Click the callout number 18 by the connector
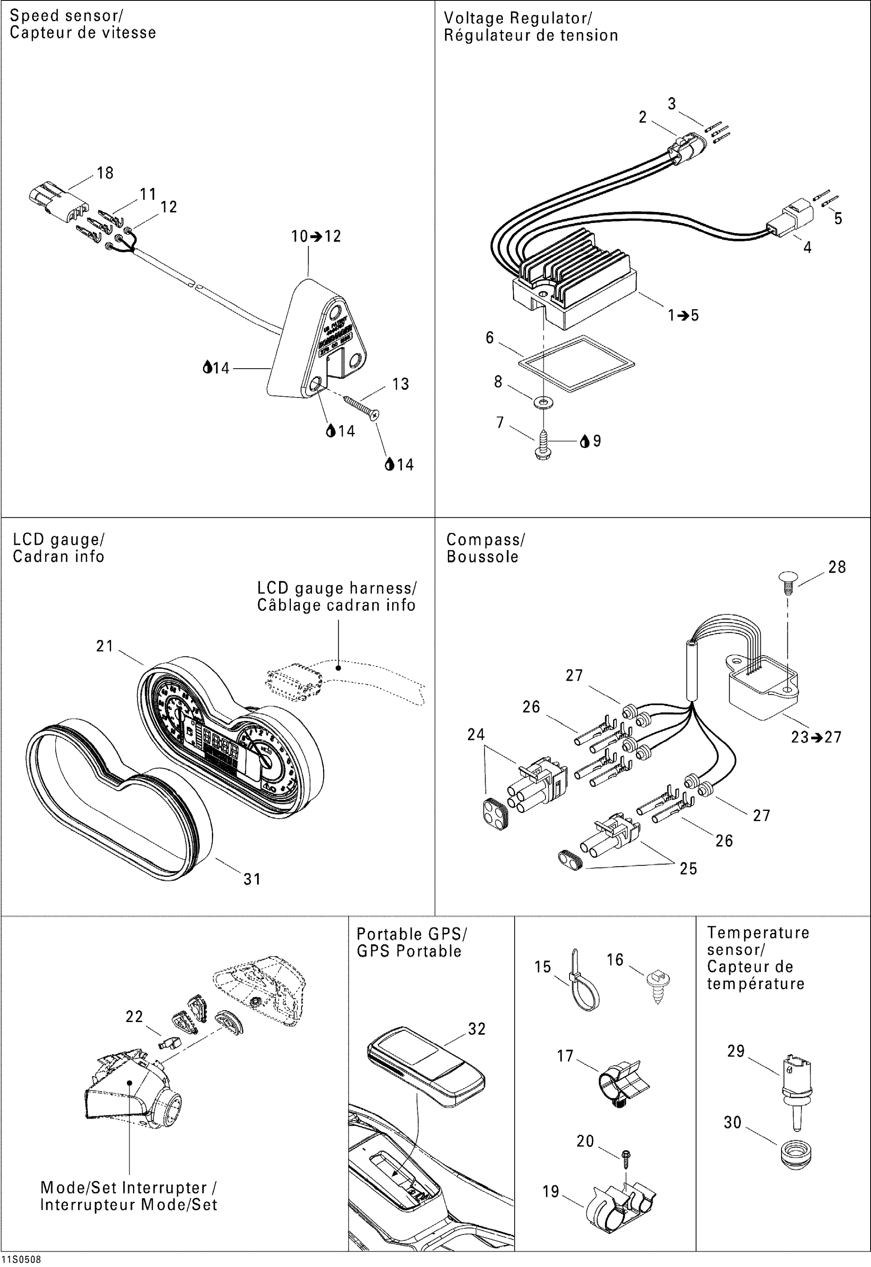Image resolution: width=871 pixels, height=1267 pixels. point(105,173)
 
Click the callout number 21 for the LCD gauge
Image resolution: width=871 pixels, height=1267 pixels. point(104,646)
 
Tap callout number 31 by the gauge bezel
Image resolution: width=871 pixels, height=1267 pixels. point(252,879)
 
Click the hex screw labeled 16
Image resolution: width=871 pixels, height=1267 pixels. point(659,983)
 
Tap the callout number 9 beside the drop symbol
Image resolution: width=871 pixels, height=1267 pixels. point(597,440)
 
